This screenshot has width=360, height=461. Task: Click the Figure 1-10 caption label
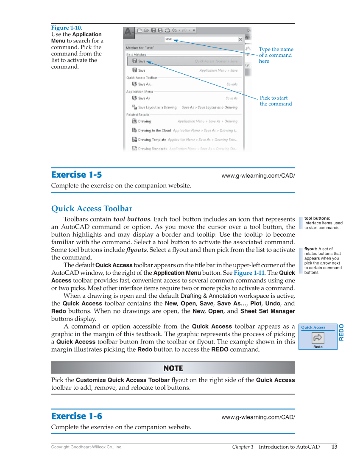click(x=67, y=28)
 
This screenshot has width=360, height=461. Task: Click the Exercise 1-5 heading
click(x=76, y=175)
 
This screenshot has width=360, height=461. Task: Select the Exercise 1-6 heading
click(x=76, y=416)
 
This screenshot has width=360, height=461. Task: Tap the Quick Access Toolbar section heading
click(x=92, y=209)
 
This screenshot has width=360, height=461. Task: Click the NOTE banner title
click(x=173, y=368)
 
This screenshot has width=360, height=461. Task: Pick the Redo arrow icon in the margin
click(x=318, y=338)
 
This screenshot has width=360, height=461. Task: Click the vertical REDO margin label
click(x=341, y=332)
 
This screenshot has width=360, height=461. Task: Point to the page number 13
click(x=334, y=447)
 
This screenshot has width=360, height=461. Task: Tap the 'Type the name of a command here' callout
click(x=276, y=55)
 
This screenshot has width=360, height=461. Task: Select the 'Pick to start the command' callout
click(x=276, y=101)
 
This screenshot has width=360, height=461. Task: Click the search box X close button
click(x=240, y=39)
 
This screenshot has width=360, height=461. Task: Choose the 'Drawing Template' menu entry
click(x=152, y=140)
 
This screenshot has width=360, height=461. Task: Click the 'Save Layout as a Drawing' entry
click(x=157, y=108)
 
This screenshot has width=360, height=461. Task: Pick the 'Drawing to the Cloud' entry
click(x=154, y=131)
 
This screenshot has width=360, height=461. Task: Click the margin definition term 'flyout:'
click(x=311, y=249)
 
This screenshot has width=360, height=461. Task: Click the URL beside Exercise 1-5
click(x=258, y=176)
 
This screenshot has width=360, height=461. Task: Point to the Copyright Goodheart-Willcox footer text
click(x=87, y=447)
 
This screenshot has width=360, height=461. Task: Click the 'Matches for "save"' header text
click(x=140, y=48)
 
